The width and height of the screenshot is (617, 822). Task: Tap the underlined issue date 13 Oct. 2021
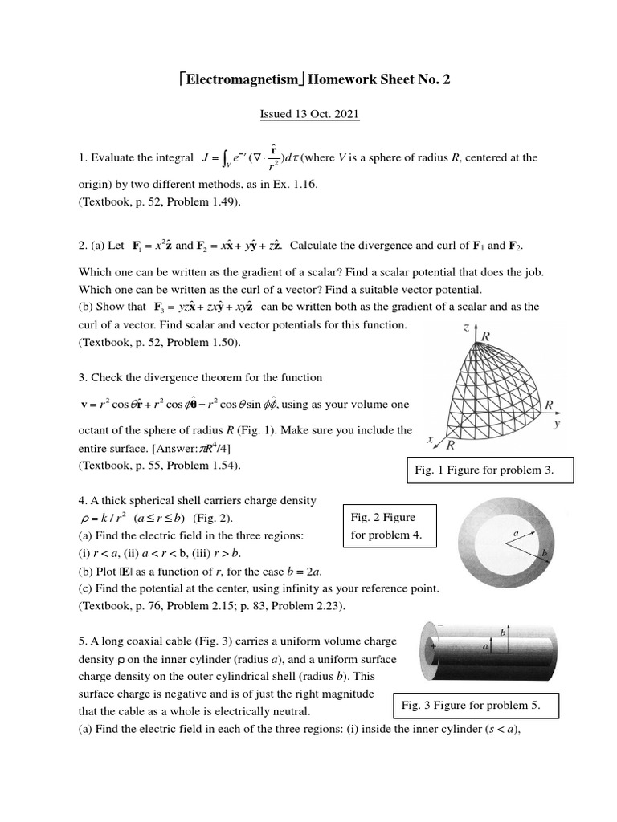pos(309,115)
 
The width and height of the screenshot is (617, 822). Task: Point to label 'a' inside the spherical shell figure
pos(514,532)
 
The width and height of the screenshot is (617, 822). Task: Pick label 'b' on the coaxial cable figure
pos(503,633)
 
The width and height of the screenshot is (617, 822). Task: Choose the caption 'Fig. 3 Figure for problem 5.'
pos(476,705)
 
